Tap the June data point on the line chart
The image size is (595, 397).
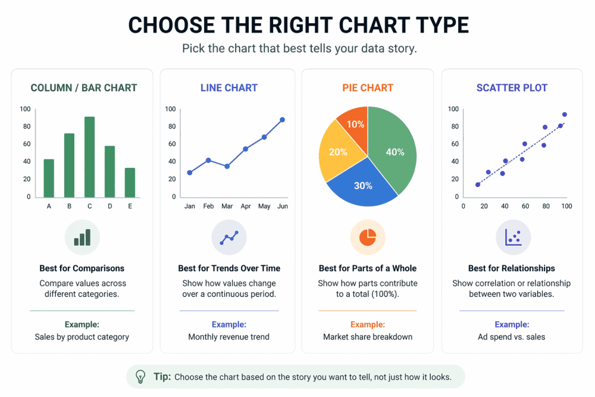282,120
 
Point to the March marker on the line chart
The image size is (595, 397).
227,166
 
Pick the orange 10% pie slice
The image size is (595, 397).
355,123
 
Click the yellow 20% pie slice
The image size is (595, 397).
337,152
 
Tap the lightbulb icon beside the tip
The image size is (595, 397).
140,377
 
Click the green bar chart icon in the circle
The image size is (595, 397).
82,237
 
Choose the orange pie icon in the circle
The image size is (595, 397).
368,237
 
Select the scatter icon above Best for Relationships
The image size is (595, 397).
513,237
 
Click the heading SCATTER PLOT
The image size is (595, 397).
512,88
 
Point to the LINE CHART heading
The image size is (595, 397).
229,88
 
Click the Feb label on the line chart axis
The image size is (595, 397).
208,206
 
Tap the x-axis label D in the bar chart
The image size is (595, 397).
109,206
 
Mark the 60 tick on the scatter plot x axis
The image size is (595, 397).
525,206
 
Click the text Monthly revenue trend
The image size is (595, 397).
229,337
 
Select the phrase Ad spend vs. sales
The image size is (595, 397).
512,337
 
